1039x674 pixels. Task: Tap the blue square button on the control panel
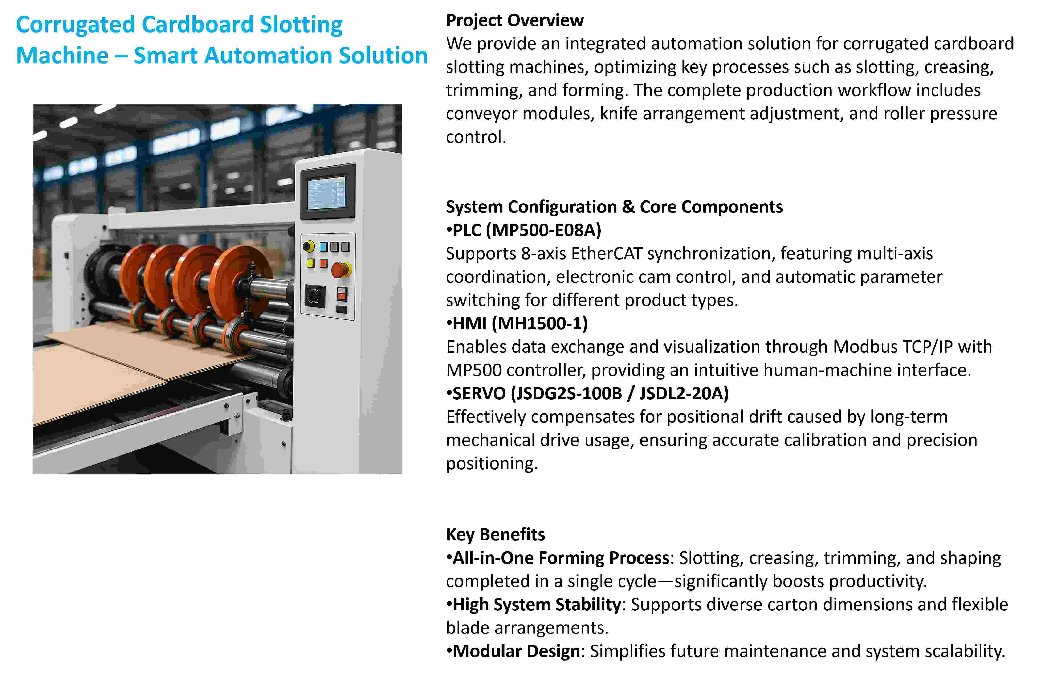(323, 247)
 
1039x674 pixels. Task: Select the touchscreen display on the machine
(326, 192)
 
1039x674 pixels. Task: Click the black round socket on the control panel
(314, 296)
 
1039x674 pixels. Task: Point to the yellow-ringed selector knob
(308, 246)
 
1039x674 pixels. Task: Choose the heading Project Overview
(515, 20)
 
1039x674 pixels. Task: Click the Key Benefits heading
(496, 534)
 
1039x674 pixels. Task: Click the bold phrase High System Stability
(537, 605)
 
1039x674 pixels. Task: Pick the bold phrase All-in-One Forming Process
(561, 558)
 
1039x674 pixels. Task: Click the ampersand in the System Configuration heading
(628, 207)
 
